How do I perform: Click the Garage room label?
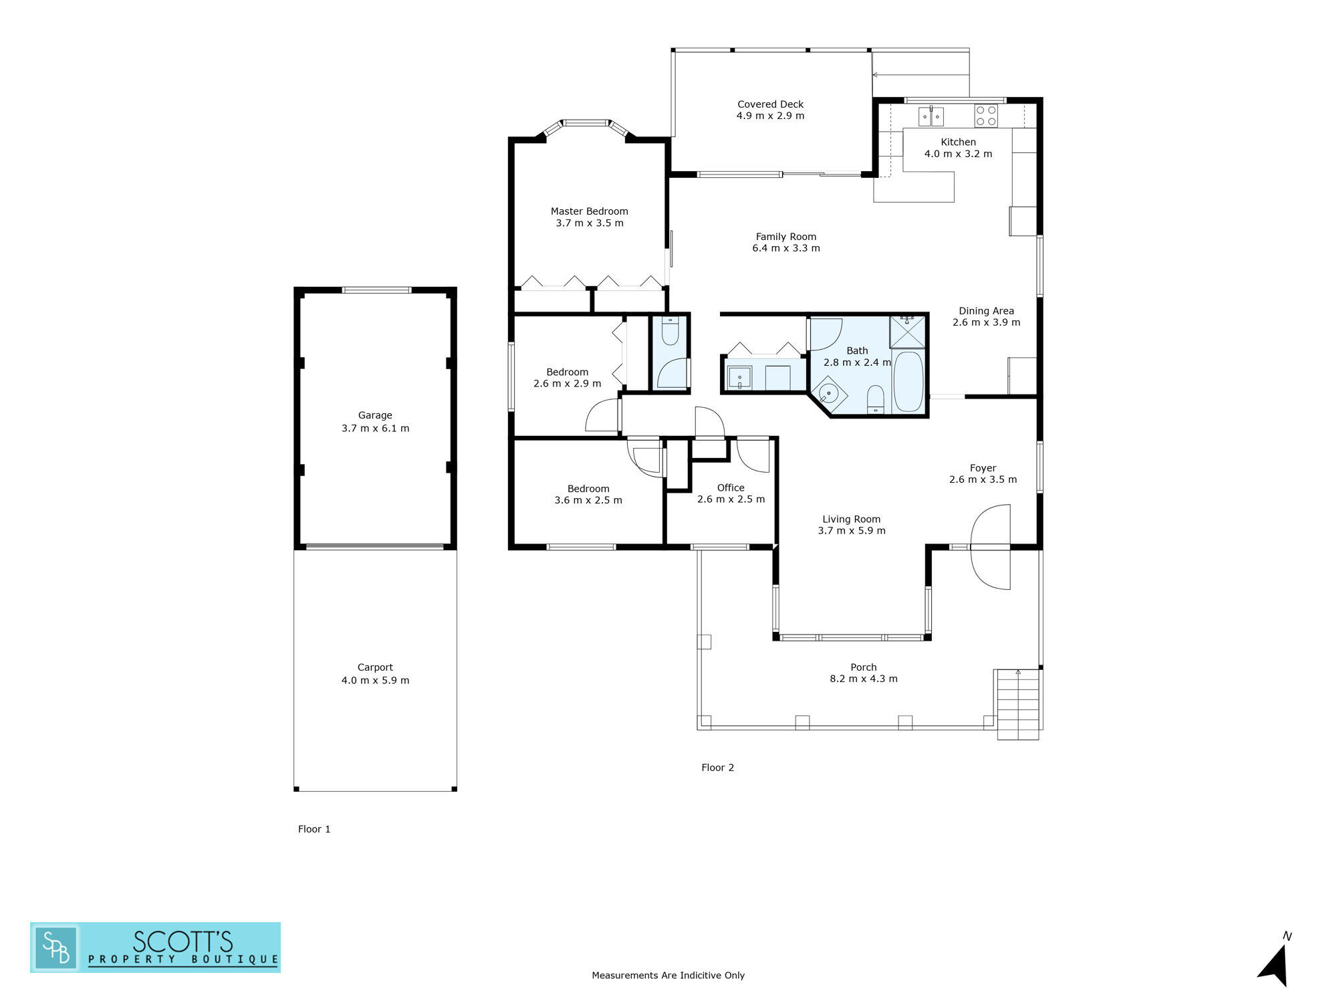(375, 415)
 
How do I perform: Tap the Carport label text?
(375, 667)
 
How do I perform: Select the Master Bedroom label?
(589, 211)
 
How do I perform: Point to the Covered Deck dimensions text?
(770, 116)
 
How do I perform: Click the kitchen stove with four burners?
(985, 116)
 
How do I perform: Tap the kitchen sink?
(931, 116)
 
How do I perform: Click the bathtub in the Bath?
(908, 382)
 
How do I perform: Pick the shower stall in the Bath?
(907, 332)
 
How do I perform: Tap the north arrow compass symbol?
(1274, 963)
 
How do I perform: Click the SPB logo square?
(56, 948)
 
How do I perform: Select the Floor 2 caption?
(717, 768)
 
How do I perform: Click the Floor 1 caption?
(314, 829)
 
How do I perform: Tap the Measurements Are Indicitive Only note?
(668, 976)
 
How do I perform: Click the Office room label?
(731, 488)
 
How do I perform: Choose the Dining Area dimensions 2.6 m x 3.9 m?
(986, 322)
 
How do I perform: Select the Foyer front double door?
(990, 547)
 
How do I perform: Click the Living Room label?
(851, 520)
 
